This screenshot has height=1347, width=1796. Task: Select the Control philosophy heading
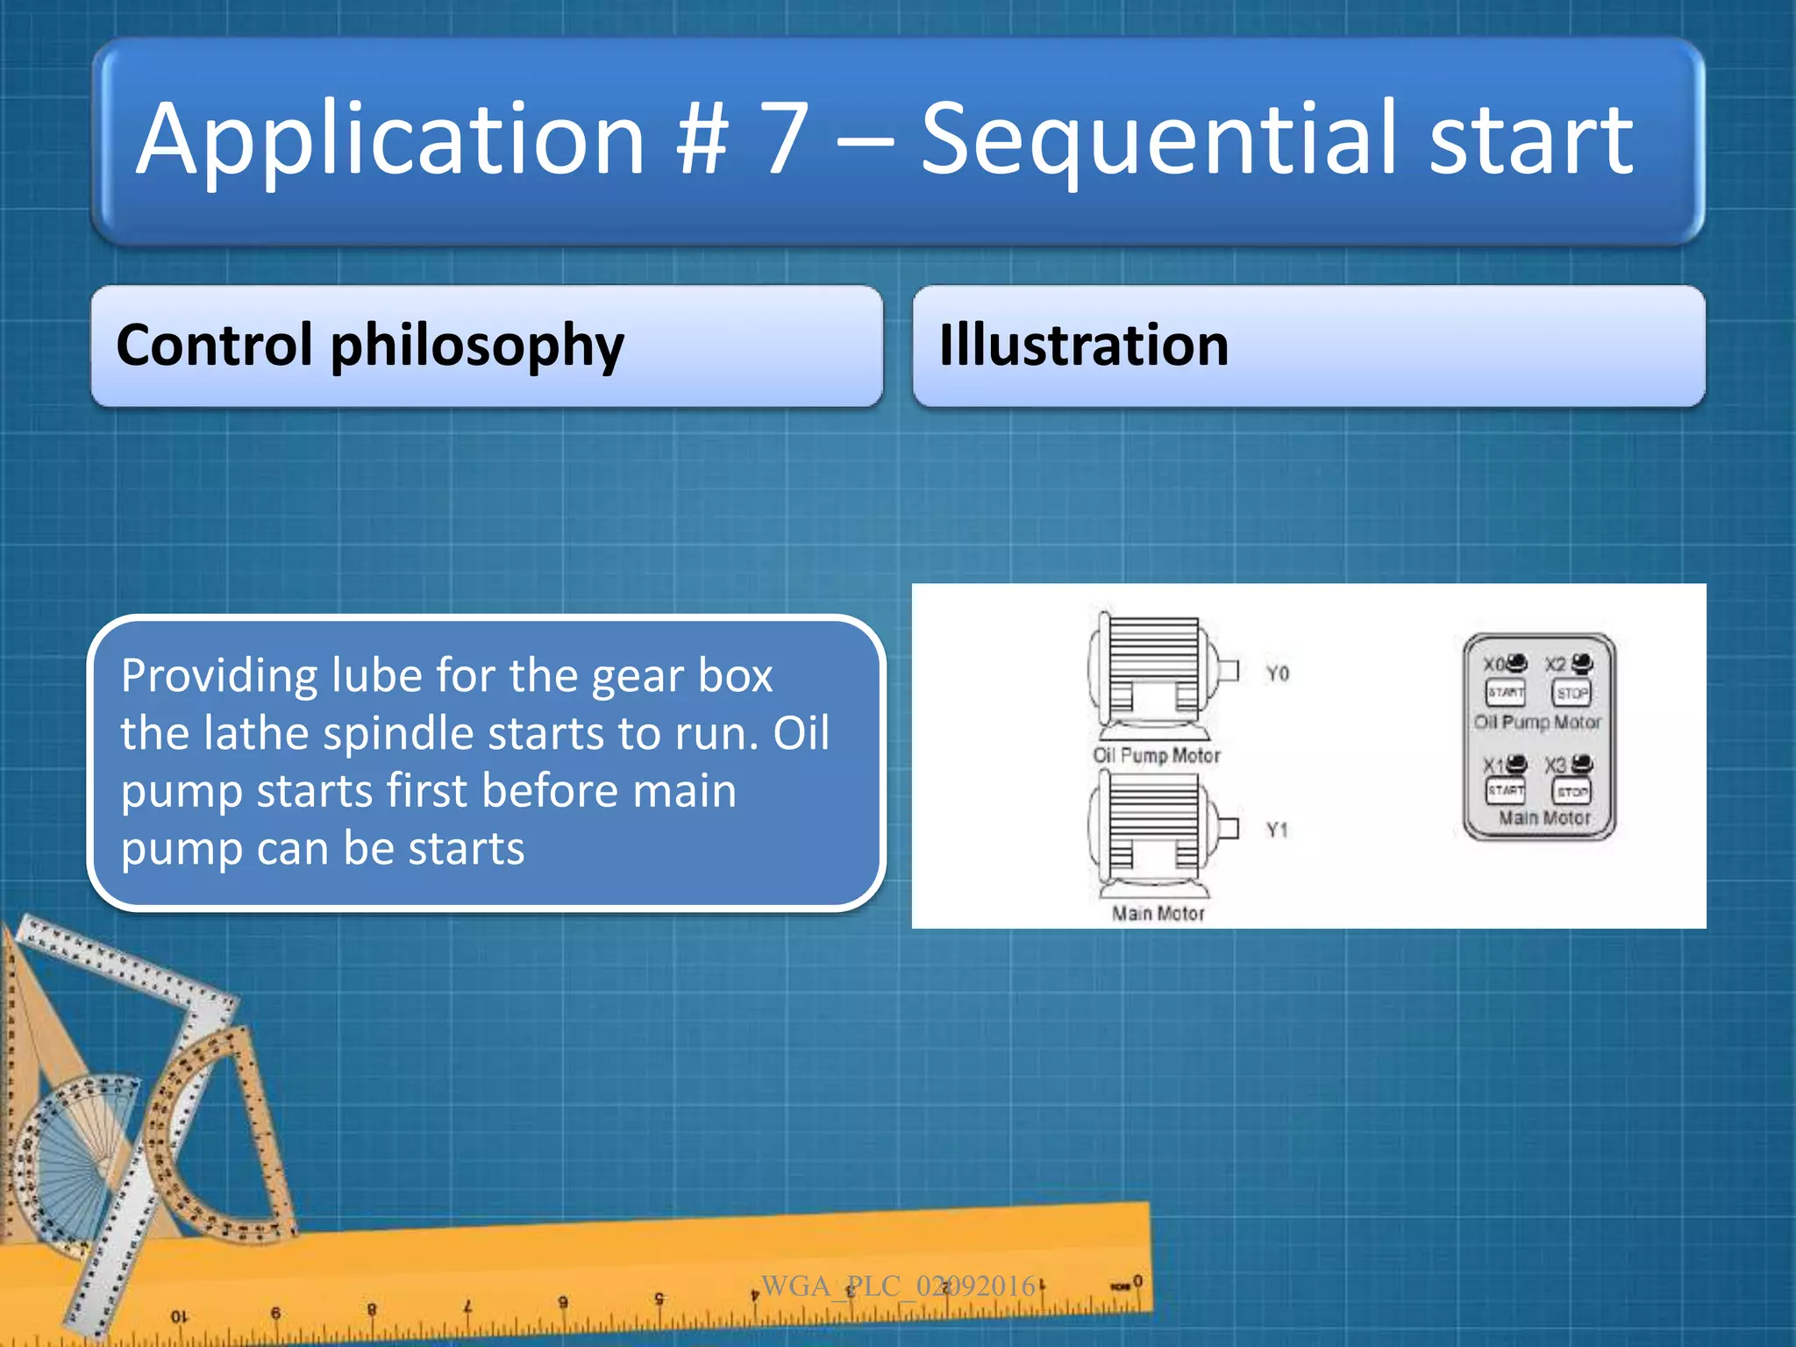[369, 346]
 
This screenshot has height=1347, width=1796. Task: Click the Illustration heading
[1083, 346]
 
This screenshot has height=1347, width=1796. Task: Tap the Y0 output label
[1277, 673]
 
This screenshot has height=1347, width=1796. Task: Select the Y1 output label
[1277, 830]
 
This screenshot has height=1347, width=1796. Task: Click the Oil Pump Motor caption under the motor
[1156, 756]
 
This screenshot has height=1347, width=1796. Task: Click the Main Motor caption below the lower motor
[1158, 914]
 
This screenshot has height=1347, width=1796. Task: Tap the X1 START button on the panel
[1505, 790]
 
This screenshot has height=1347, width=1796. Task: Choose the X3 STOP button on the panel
[1571, 792]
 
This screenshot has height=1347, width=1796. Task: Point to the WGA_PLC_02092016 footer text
[898, 1286]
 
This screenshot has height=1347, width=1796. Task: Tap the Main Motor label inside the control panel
[1543, 818]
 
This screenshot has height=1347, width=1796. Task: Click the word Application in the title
[391, 140]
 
